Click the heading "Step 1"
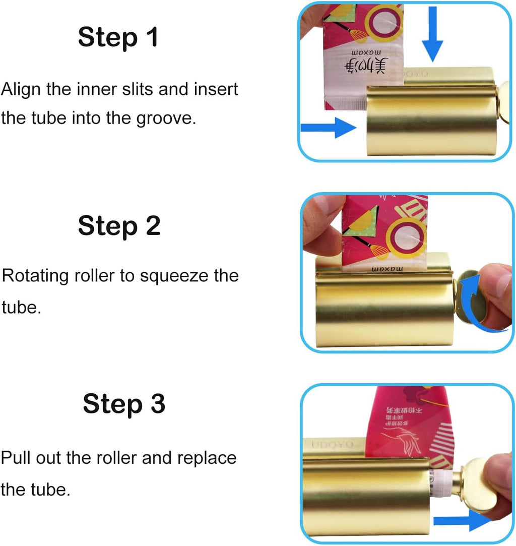click(118, 38)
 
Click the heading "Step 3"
click(124, 404)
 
